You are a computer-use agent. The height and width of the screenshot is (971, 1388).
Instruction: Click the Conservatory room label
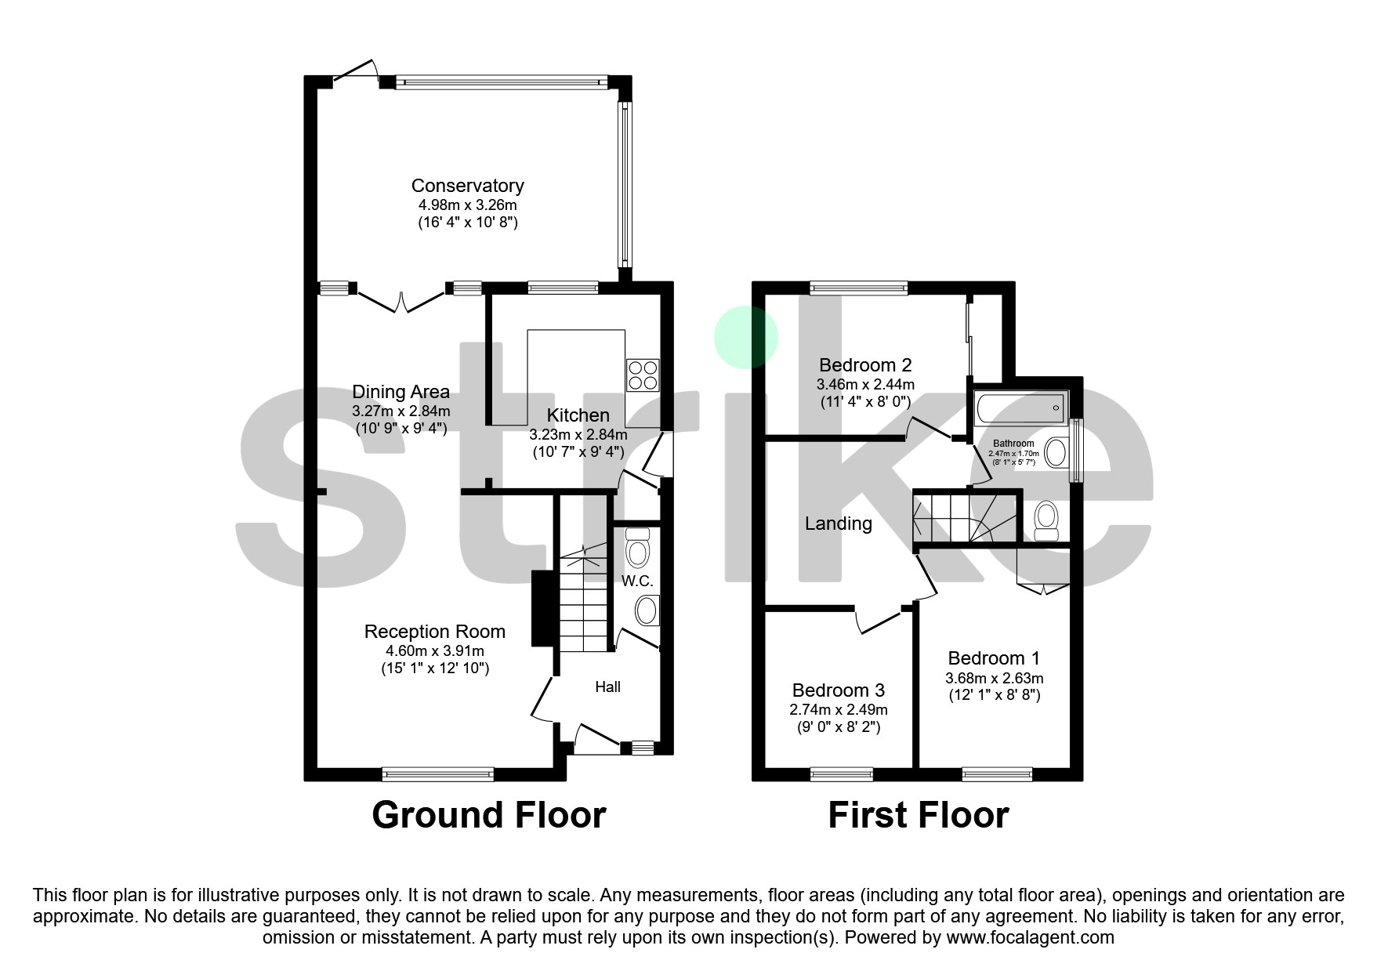[467, 186]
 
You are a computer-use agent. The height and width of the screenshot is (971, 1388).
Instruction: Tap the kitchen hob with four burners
[643, 375]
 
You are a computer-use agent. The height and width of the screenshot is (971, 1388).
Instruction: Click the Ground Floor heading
[488, 815]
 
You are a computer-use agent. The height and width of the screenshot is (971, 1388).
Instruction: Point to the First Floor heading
[918, 815]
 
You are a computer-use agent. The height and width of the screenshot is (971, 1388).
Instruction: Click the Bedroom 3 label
[838, 690]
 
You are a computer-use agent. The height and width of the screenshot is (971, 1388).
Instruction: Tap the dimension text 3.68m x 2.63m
[995, 678]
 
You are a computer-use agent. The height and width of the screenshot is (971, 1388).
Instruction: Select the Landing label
[838, 524]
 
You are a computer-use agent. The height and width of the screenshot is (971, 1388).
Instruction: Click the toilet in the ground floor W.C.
[639, 549]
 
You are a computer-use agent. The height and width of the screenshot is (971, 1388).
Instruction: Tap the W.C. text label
[637, 581]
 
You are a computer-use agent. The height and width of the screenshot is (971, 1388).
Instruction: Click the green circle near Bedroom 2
[745, 337]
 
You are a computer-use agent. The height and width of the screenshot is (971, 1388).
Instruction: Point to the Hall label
[607, 687]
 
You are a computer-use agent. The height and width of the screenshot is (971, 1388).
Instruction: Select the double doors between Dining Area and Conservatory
[401, 300]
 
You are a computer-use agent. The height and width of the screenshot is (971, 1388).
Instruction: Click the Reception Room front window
[438, 774]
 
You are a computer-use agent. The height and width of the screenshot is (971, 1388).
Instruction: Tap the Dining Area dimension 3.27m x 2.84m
[400, 411]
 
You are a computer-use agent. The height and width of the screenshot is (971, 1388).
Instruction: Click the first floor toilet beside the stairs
[1046, 521]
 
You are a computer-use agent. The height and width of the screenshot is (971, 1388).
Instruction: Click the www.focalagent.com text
[1030, 937]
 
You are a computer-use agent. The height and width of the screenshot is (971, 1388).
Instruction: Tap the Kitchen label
[578, 415]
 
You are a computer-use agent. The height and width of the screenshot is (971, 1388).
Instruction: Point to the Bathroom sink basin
[1057, 453]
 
